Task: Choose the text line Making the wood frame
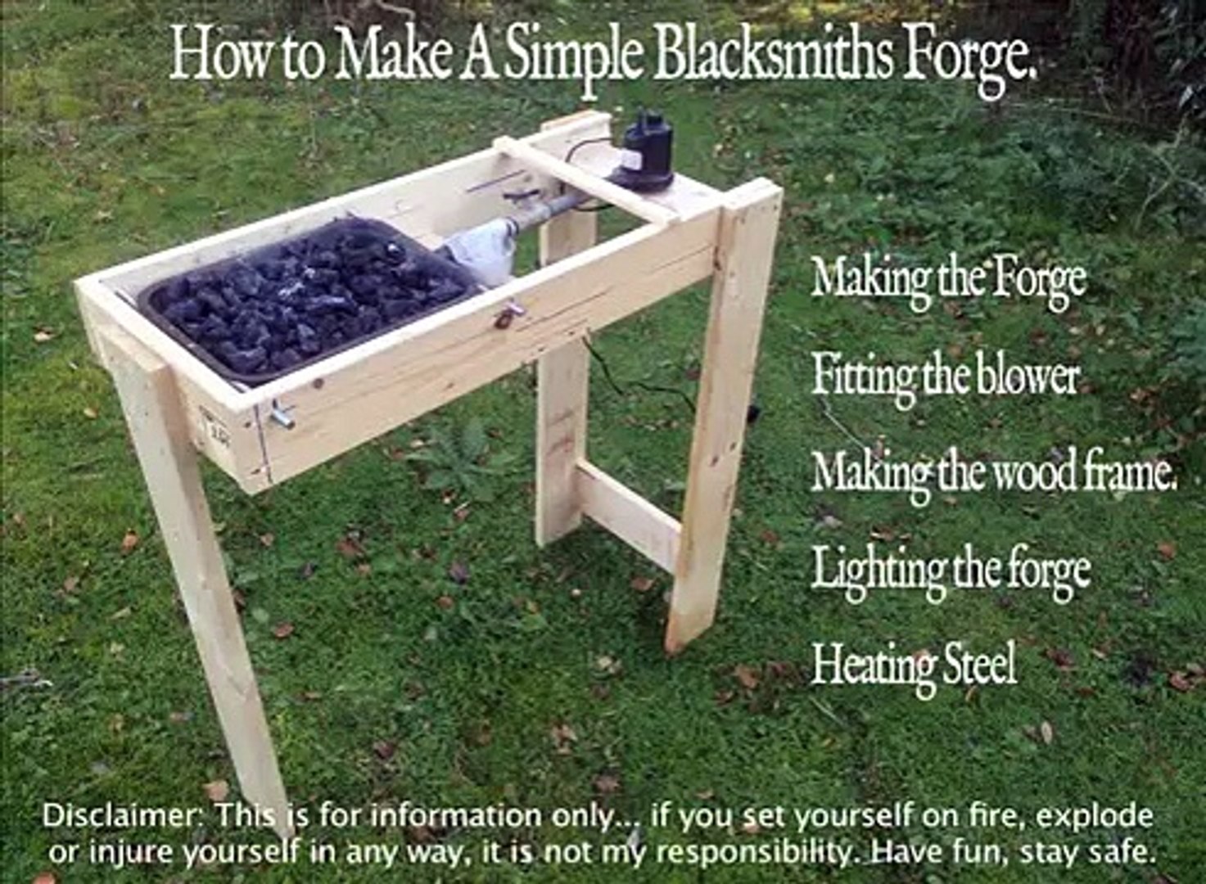click(994, 474)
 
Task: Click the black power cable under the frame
click(641, 380)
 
